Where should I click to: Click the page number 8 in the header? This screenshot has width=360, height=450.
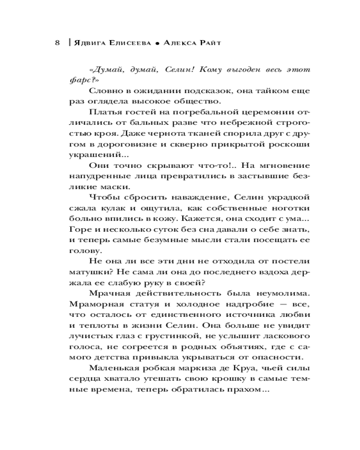click(57, 43)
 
